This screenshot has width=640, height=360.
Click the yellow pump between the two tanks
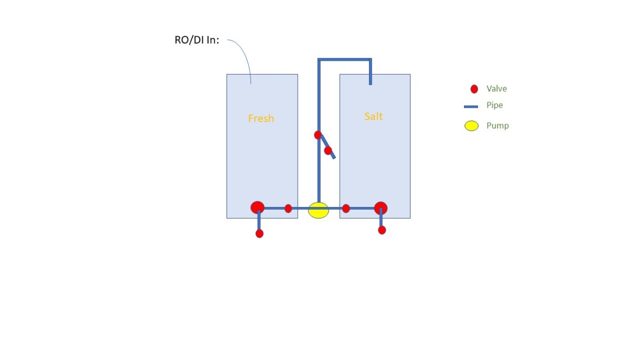coord(318,210)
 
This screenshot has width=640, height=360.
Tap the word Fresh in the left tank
coord(261,118)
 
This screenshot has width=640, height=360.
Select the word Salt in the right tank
coord(373,116)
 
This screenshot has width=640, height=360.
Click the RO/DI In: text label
coord(197,41)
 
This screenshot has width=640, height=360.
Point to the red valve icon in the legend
coord(474,89)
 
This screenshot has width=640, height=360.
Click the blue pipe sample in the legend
coord(470,107)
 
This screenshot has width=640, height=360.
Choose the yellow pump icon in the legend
coord(471,126)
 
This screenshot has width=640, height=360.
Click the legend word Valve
coord(497,89)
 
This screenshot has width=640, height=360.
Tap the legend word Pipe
coord(494,106)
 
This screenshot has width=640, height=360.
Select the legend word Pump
coord(498,126)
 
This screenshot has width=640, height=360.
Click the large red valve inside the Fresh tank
coord(258,207)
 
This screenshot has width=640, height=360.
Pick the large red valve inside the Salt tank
coord(380,208)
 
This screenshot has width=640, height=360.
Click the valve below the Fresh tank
coord(259,233)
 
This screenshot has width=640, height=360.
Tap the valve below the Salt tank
coord(382,230)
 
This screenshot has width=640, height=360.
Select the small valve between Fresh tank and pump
coord(288,208)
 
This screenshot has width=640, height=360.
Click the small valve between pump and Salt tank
coord(346,208)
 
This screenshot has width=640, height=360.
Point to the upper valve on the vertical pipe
coord(318,135)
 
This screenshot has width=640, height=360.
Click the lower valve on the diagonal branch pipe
coord(327,150)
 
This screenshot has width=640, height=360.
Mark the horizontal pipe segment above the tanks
coord(345,59)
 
